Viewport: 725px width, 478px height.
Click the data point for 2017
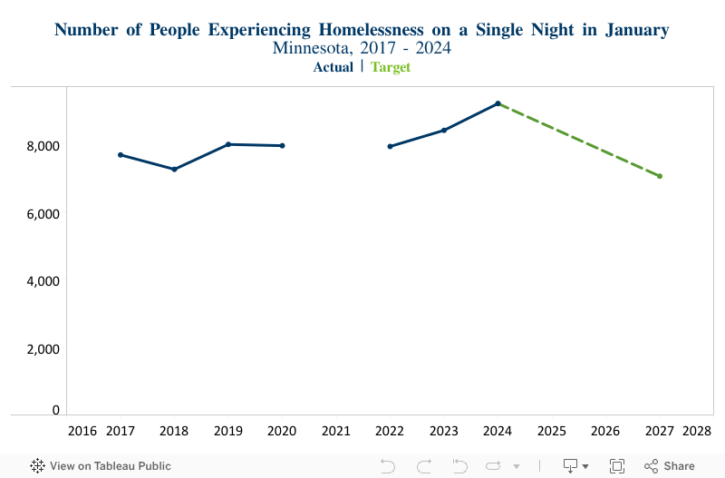(121, 155)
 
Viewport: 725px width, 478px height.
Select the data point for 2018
(174, 169)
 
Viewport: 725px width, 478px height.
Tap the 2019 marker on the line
(228, 144)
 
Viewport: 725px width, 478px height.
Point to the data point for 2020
(283, 145)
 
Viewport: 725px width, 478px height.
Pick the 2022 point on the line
(390, 146)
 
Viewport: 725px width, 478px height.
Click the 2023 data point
(444, 130)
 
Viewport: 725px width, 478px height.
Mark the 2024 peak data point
(498, 103)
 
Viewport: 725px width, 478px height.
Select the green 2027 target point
(660, 176)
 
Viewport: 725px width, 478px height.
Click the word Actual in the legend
(333, 67)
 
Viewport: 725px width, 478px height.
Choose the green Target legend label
(391, 67)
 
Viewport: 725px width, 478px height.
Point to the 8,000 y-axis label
(42, 146)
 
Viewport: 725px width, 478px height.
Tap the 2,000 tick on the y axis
(42, 349)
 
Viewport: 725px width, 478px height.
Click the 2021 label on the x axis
(336, 430)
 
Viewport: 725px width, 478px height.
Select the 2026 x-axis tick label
(605, 430)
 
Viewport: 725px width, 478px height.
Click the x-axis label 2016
(83, 430)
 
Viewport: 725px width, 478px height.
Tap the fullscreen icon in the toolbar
(617, 466)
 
